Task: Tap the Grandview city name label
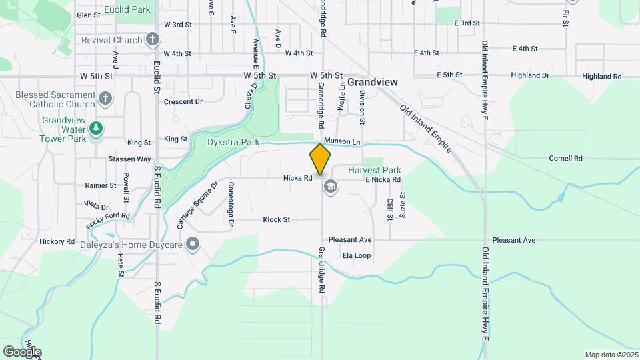(373, 82)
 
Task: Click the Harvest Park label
(375, 170)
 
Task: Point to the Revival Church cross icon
(153, 40)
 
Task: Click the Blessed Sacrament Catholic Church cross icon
(105, 99)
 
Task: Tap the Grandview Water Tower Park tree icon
(97, 127)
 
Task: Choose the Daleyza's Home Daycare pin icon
(193, 245)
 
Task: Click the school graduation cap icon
(329, 187)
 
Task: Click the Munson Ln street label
(342, 142)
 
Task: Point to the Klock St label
(276, 219)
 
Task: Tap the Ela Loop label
(356, 255)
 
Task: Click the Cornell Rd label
(565, 159)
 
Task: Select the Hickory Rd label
(57, 241)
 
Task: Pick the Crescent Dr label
(183, 102)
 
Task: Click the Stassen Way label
(130, 159)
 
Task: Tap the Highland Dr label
(530, 76)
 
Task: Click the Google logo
(22, 351)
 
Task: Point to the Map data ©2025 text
(610, 354)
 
